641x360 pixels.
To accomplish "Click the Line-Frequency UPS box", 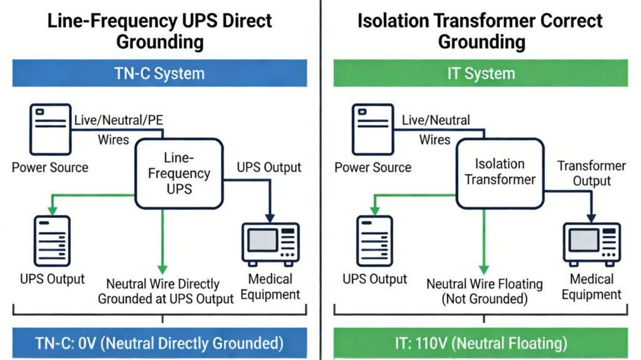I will point(179,173).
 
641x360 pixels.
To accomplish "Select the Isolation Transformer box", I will point(500,173).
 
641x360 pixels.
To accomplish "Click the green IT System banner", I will point(481,73).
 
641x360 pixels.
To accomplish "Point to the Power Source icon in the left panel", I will point(49,130).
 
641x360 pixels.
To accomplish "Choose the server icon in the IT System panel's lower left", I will point(374,242).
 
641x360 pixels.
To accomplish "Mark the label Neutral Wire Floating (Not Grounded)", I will point(485,291).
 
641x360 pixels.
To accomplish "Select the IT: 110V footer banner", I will point(481,343).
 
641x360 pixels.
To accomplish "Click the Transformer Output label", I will point(592,173).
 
